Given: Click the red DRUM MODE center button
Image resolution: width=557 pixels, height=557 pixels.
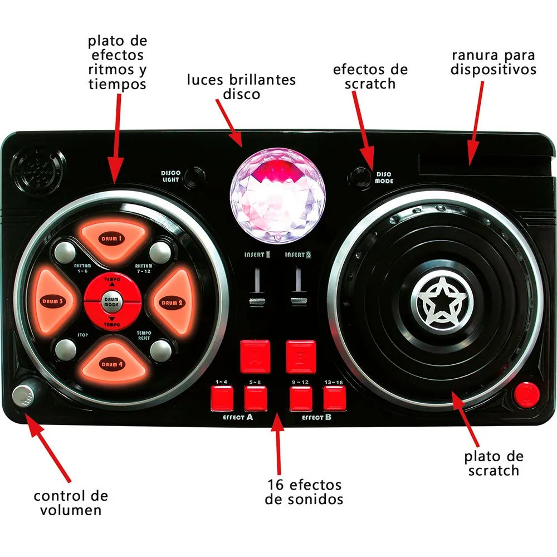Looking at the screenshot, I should tap(111, 301).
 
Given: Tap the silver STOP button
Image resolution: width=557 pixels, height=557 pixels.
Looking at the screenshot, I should tap(65, 350).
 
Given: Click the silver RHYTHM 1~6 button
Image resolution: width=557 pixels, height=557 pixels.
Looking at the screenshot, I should tap(64, 252).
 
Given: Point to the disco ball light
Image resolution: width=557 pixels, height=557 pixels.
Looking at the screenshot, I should tap(277, 196).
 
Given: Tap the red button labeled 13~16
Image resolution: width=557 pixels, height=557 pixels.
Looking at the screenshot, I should tap(334, 398).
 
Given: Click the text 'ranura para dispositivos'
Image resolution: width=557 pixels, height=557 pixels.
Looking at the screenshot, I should tap(493, 62).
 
